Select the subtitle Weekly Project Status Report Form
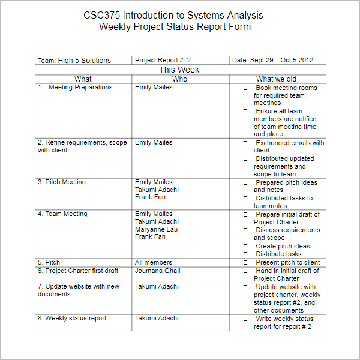[175, 27]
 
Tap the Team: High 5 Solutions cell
[74, 61]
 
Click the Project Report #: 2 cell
[163, 61]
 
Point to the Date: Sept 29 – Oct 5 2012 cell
[272, 61]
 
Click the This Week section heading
[179, 70]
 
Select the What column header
[83, 79]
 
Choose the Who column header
[179, 79]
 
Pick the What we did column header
[276, 79]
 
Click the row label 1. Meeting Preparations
[76, 88]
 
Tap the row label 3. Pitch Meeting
[62, 182]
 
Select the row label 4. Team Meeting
[62, 214]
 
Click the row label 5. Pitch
[49, 263]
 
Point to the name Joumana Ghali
[157, 271]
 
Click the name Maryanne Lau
[156, 229]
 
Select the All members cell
[153, 263]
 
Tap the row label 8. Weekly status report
[72, 319]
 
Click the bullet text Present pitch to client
[287, 263]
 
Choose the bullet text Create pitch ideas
[283, 246]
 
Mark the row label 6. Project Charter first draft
[78, 271]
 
